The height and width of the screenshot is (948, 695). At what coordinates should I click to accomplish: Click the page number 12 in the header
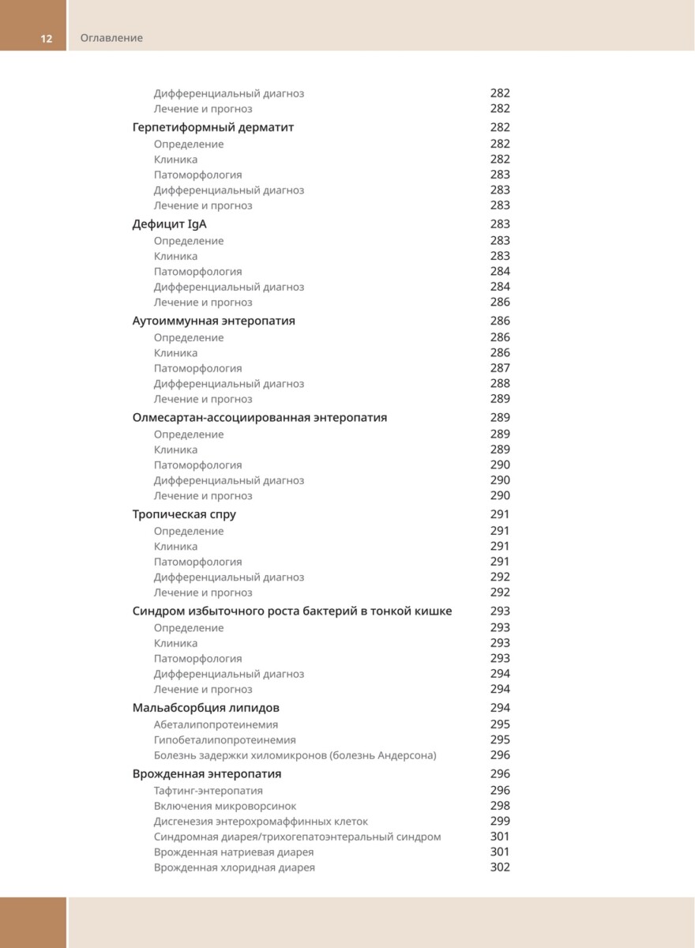[x=47, y=38]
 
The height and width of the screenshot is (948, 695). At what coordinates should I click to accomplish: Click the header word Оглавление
[x=111, y=38]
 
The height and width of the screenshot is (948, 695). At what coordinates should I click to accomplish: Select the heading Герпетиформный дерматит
[x=213, y=127]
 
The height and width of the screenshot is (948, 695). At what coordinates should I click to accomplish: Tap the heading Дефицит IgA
[x=170, y=224]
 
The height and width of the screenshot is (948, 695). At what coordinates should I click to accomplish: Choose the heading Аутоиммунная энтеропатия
[x=214, y=321]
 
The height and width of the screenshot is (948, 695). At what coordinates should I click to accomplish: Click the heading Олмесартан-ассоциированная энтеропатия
[x=260, y=418]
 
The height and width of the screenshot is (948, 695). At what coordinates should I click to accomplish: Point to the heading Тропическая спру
[x=184, y=514]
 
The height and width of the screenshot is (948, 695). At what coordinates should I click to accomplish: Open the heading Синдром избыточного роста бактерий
[x=292, y=611]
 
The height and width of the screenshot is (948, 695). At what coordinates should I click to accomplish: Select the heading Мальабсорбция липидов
[x=206, y=708]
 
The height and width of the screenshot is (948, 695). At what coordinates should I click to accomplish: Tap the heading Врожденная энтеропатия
[x=207, y=774]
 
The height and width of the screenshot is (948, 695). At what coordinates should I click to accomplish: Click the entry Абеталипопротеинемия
[x=216, y=724]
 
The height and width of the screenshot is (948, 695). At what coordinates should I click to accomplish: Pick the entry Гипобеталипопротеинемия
[x=225, y=740]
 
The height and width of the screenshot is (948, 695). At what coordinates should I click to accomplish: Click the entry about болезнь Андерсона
[x=295, y=755]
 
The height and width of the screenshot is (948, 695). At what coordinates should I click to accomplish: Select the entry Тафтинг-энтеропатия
[x=208, y=791]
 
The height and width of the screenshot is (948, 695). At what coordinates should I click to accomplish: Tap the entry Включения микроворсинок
[x=225, y=806]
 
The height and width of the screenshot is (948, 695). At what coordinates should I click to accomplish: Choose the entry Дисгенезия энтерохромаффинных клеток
[x=261, y=822]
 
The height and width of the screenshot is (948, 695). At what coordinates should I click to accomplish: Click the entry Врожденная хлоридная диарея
[x=235, y=867]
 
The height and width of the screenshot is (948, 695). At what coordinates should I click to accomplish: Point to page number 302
[x=500, y=867]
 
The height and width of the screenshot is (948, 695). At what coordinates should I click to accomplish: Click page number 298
[x=500, y=806]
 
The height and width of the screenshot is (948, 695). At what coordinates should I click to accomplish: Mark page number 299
[x=500, y=822]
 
